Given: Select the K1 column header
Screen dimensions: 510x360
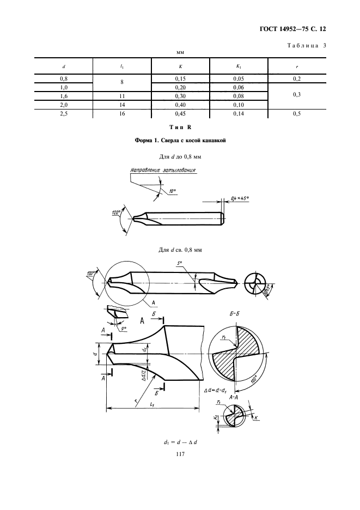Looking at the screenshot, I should click(x=238, y=66).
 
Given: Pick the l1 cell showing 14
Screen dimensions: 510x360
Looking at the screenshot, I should click(x=122, y=105).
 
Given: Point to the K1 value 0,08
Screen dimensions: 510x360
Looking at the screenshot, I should click(x=238, y=96).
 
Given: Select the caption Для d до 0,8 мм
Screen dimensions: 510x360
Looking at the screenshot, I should click(x=180, y=157).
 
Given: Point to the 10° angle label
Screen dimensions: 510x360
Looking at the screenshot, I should click(x=172, y=191).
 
